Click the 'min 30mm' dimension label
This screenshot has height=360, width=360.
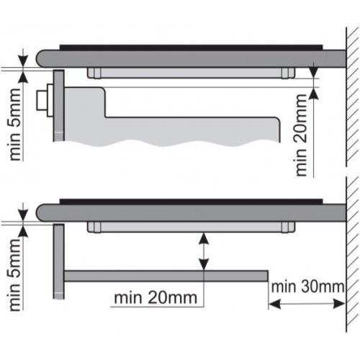307,287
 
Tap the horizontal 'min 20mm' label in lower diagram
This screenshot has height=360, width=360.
156,298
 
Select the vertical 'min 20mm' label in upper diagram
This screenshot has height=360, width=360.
302,135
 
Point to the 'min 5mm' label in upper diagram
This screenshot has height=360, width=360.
15,125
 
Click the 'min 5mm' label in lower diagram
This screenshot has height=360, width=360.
15,275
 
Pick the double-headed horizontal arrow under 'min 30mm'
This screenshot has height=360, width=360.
307,305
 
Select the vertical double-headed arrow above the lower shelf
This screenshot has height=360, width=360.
204,251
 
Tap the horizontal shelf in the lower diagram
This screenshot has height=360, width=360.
166,276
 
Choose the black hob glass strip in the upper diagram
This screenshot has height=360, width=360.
191,48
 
